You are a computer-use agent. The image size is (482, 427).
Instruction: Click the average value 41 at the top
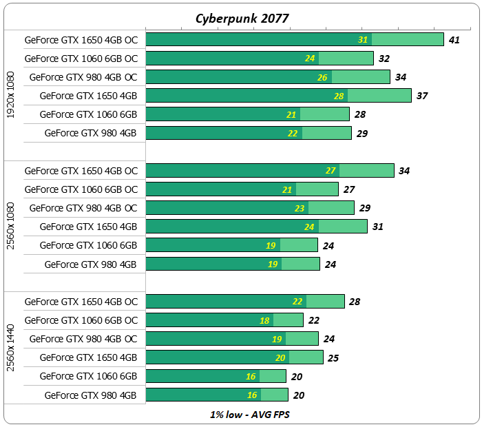454,40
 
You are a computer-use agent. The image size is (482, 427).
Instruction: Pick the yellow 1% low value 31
363,40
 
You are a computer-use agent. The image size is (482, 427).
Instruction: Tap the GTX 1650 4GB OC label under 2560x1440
81,302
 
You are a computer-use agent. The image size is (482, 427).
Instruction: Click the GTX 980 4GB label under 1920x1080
91,133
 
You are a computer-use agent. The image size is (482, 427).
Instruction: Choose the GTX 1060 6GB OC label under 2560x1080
81,189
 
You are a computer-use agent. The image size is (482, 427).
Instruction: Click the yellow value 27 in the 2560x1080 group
331,171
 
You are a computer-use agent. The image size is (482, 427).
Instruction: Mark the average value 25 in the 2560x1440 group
334,357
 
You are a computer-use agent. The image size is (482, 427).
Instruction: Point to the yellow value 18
264,320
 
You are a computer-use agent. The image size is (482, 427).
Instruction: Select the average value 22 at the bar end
314,320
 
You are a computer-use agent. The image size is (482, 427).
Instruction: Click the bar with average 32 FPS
260,59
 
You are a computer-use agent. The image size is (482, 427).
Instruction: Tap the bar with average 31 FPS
256,227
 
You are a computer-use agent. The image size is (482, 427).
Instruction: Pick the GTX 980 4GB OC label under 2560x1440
84,339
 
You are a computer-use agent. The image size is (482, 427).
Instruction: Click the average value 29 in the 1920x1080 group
362,133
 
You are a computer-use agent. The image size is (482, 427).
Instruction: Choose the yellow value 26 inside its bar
322,77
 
